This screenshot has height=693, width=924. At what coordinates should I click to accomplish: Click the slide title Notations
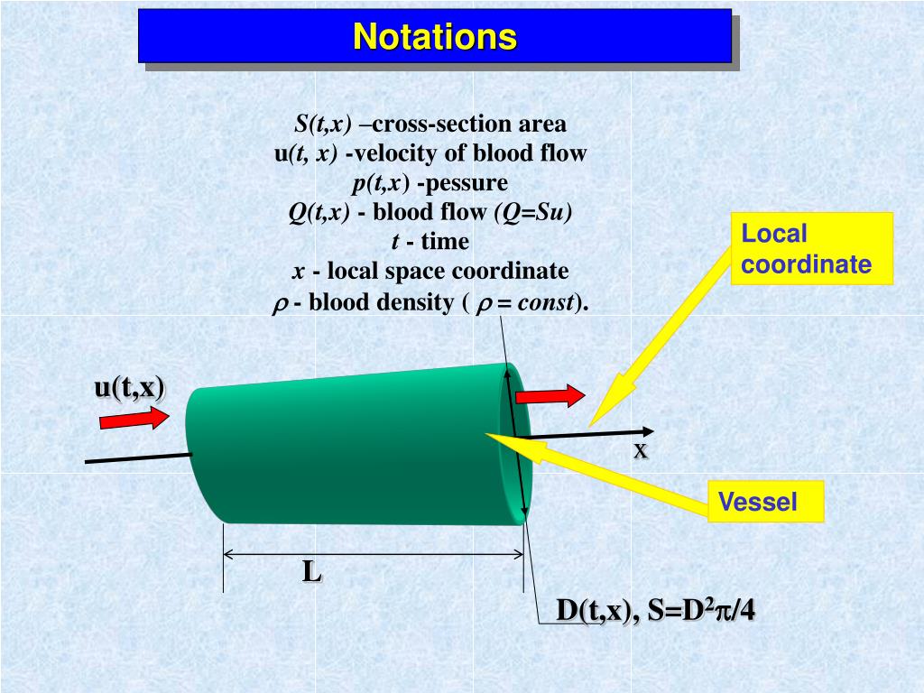click(434, 37)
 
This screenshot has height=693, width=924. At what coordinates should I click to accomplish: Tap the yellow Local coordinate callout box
click(811, 248)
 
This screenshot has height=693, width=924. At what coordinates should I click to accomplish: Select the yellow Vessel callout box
click(765, 502)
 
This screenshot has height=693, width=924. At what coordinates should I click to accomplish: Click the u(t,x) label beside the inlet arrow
click(130, 387)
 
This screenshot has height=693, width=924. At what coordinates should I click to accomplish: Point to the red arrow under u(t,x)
click(134, 417)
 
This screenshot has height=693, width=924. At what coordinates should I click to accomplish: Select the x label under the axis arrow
click(640, 450)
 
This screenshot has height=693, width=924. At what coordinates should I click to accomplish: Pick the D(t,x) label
click(591, 611)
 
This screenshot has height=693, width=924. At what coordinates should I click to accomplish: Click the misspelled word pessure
click(463, 183)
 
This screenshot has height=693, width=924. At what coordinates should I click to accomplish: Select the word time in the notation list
click(445, 242)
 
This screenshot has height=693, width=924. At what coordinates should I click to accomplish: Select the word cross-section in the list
click(434, 124)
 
